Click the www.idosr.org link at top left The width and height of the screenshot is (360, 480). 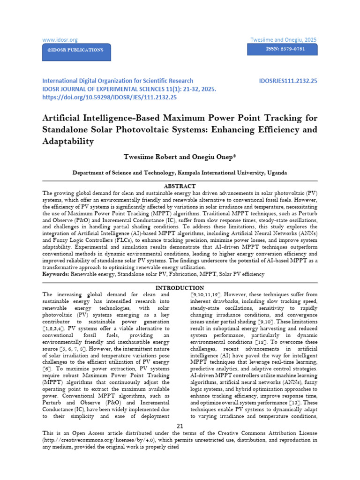60,40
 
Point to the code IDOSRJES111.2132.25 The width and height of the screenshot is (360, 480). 288,81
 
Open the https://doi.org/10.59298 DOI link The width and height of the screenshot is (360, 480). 109,97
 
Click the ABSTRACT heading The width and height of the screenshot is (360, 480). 180,186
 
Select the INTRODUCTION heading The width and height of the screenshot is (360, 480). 180,287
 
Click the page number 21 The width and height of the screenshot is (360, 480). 180,425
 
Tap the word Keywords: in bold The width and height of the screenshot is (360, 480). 56,273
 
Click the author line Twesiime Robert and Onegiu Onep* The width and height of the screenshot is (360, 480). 180,157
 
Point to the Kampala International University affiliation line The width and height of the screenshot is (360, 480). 180,172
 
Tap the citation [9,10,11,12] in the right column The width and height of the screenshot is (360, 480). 208,294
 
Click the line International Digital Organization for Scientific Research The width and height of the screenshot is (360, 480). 118,81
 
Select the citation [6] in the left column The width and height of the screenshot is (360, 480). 47,369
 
